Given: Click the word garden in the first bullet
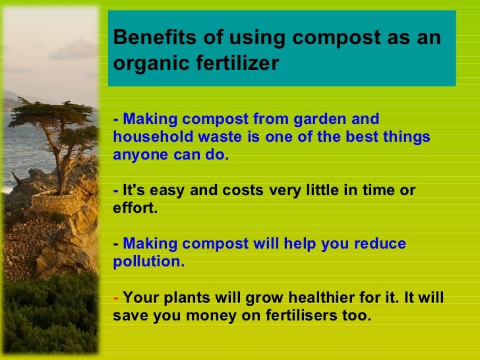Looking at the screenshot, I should [319, 119].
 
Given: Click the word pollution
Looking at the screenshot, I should [148, 261].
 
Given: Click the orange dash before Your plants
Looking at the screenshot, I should [116, 297].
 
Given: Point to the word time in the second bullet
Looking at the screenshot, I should [375, 191].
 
